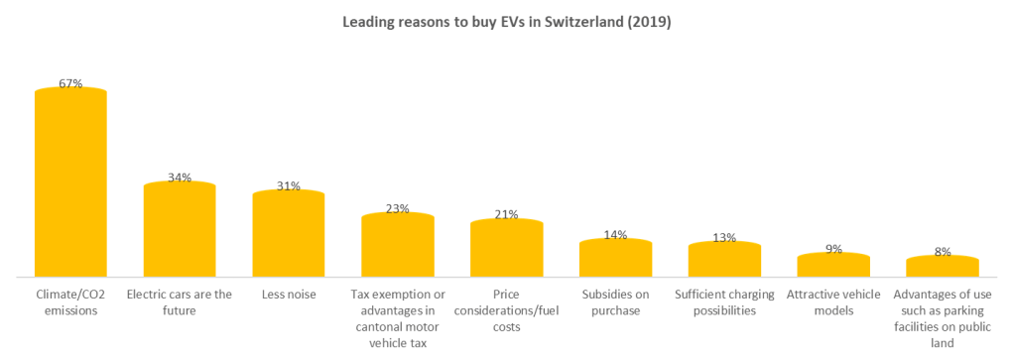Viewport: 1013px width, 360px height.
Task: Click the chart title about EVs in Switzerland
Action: pos(507,22)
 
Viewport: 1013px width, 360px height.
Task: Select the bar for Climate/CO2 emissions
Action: pos(70,183)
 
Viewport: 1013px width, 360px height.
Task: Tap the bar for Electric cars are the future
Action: pos(180,229)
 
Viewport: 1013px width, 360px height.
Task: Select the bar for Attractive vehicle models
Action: pos(833,265)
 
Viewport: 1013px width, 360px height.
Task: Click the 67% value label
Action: pos(70,84)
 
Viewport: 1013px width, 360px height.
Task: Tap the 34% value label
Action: pos(180,178)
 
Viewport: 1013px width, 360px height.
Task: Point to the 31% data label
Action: pos(289,185)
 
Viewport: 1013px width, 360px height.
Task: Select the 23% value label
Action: pos(398,208)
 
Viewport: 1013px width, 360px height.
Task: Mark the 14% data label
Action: pos(615,235)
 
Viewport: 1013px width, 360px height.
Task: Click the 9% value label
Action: pos(833,249)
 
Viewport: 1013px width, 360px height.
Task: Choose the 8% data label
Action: pos(943,252)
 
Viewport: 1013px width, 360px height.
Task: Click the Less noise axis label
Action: pos(289,295)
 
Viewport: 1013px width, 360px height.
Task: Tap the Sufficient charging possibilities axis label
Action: pos(724,302)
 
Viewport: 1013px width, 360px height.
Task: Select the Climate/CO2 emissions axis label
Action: pos(70,302)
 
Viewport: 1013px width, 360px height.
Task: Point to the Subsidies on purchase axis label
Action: pos(615,302)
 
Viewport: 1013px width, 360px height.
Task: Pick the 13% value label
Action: pos(724,237)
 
